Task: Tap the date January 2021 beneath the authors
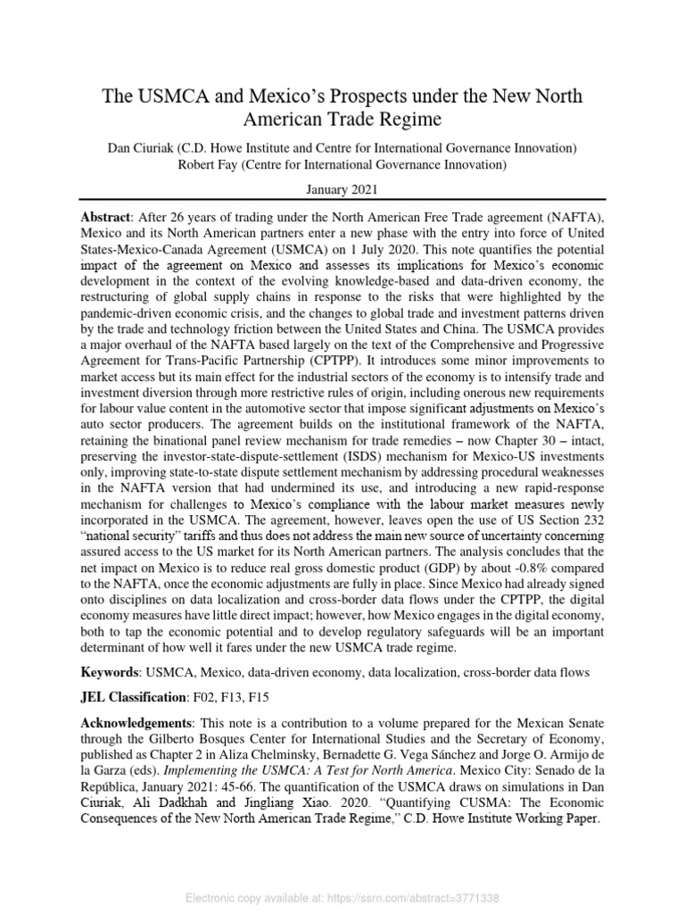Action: [342, 189]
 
